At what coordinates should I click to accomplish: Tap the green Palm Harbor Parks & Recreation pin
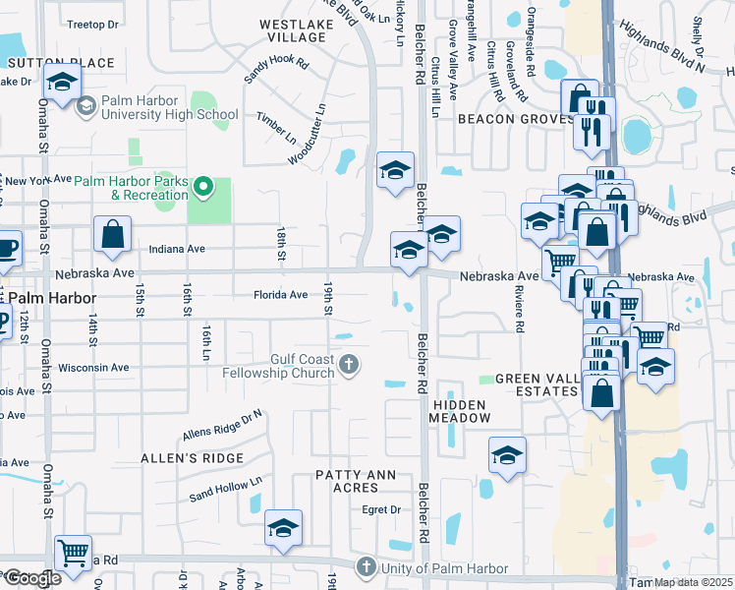click(204, 186)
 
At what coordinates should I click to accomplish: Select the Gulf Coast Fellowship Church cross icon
click(348, 366)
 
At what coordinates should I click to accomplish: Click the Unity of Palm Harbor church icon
click(367, 567)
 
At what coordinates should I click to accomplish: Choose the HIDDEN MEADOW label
click(460, 411)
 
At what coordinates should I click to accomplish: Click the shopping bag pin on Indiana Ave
click(113, 234)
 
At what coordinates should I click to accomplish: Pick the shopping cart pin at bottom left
click(73, 552)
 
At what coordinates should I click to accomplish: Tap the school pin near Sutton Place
click(62, 85)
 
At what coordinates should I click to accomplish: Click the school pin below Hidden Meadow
click(507, 455)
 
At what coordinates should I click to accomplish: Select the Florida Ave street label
click(281, 294)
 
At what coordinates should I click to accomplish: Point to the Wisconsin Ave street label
click(94, 368)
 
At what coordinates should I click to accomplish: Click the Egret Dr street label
click(382, 509)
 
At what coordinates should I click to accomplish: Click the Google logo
click(31, 578)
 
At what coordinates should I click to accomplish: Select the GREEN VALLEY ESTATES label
click(536, 384)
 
